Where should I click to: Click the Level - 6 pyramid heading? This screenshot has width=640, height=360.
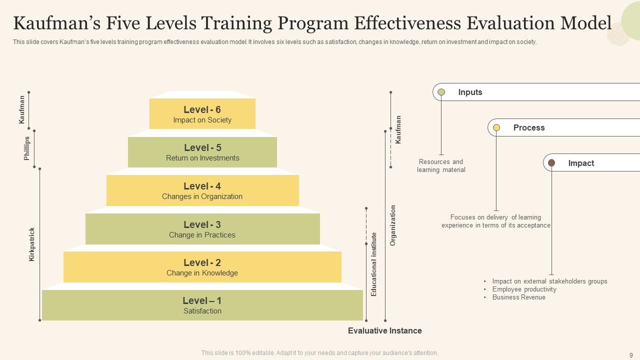tap(202, 109)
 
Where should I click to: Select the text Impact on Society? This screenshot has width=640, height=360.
tap(202, 120)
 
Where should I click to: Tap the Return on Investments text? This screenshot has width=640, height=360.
tap(202, 158)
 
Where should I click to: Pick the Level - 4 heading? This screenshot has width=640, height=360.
tap(202, 186)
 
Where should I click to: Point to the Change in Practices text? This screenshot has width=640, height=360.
tap(202, 235)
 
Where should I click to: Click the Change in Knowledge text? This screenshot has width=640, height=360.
tap(202, 273)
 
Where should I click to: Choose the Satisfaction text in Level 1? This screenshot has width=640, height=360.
tap(202, 311)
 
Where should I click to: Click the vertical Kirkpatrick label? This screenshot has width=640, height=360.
tap(32, 244)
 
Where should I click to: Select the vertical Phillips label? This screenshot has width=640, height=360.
tap(27, 148)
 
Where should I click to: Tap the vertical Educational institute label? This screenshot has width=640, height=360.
tap(374, 264)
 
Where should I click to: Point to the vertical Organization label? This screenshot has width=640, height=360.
tap(393, 225)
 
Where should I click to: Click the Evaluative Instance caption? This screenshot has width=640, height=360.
tap(384, 330)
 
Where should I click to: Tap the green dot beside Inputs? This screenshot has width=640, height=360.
tap(441, 92)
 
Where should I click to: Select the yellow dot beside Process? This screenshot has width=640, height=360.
tap(496, 127)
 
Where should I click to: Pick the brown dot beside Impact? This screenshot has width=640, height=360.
tap(551, 163)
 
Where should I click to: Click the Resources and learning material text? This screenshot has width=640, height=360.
tap(441, 166)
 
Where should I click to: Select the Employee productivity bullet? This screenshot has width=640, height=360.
tap(524, 289)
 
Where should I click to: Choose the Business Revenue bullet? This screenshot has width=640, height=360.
tap(518, 297)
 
